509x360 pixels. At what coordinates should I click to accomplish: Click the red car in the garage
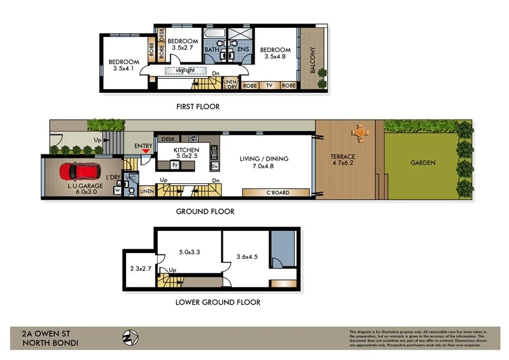click(x=80, y=172)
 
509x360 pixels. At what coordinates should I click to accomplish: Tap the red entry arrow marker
click(x=146, y=151)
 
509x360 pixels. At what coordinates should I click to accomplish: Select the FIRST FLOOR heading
click(x=198, y=107)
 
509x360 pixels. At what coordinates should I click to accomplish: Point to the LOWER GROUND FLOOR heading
click(x=218, y=302)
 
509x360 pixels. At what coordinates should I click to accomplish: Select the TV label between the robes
click(x=269, y=85)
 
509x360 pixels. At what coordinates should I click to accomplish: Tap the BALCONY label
click(x=312, y=60)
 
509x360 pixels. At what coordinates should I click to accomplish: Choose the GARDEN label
click(x=422, y=163)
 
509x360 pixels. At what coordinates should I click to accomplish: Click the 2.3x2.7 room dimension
click(x=140, y=270)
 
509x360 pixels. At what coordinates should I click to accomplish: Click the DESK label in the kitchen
click(x=168, y=139)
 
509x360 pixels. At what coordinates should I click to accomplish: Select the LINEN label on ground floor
click(x=146, y=191)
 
